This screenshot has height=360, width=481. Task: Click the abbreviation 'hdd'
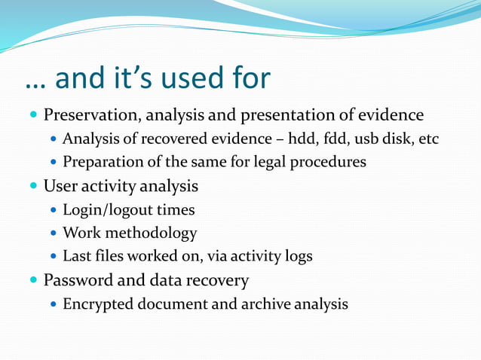(x=329, y=139)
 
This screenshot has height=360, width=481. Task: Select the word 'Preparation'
(x=100, y=163)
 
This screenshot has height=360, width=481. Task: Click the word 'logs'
(x=297, y=256)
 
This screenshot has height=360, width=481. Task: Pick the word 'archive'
(x=266, y=304)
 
